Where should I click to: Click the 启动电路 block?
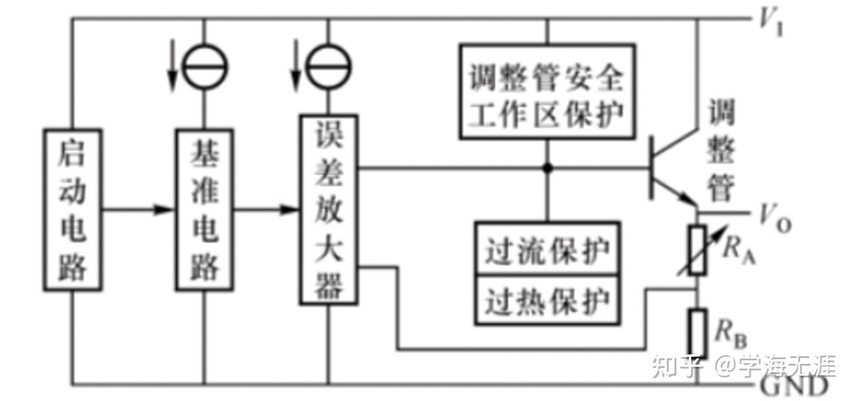[72, 209]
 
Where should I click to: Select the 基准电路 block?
[204, 209]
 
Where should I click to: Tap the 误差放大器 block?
[328, 209]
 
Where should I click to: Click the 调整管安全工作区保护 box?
[547, 91]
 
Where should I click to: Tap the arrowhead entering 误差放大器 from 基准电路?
[288, 209]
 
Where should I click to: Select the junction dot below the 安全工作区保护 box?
[547, 169]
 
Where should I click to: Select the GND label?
[793, 387]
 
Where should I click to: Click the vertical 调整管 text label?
[721, 150]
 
